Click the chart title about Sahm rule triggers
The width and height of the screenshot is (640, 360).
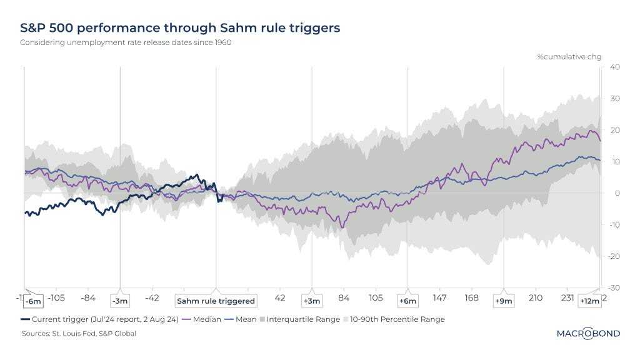(180, 28)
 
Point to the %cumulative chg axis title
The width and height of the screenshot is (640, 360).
(569, 57)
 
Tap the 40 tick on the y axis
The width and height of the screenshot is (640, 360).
(614, 67)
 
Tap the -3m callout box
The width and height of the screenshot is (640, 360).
(119, 301)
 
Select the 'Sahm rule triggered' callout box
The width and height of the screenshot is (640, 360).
(216, 301)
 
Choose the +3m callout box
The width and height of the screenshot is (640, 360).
(311, 301)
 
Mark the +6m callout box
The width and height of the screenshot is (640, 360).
(407, 301)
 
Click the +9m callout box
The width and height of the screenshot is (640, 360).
(503, 301)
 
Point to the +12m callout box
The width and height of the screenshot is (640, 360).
(589, 301)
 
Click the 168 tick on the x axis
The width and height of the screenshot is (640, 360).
(472, 297)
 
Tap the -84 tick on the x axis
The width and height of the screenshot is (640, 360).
(88, 297)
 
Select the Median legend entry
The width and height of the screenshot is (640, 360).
(203, 319)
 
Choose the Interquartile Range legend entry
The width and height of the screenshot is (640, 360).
(303, 319)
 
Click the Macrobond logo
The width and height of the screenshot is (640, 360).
(588, 334)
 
